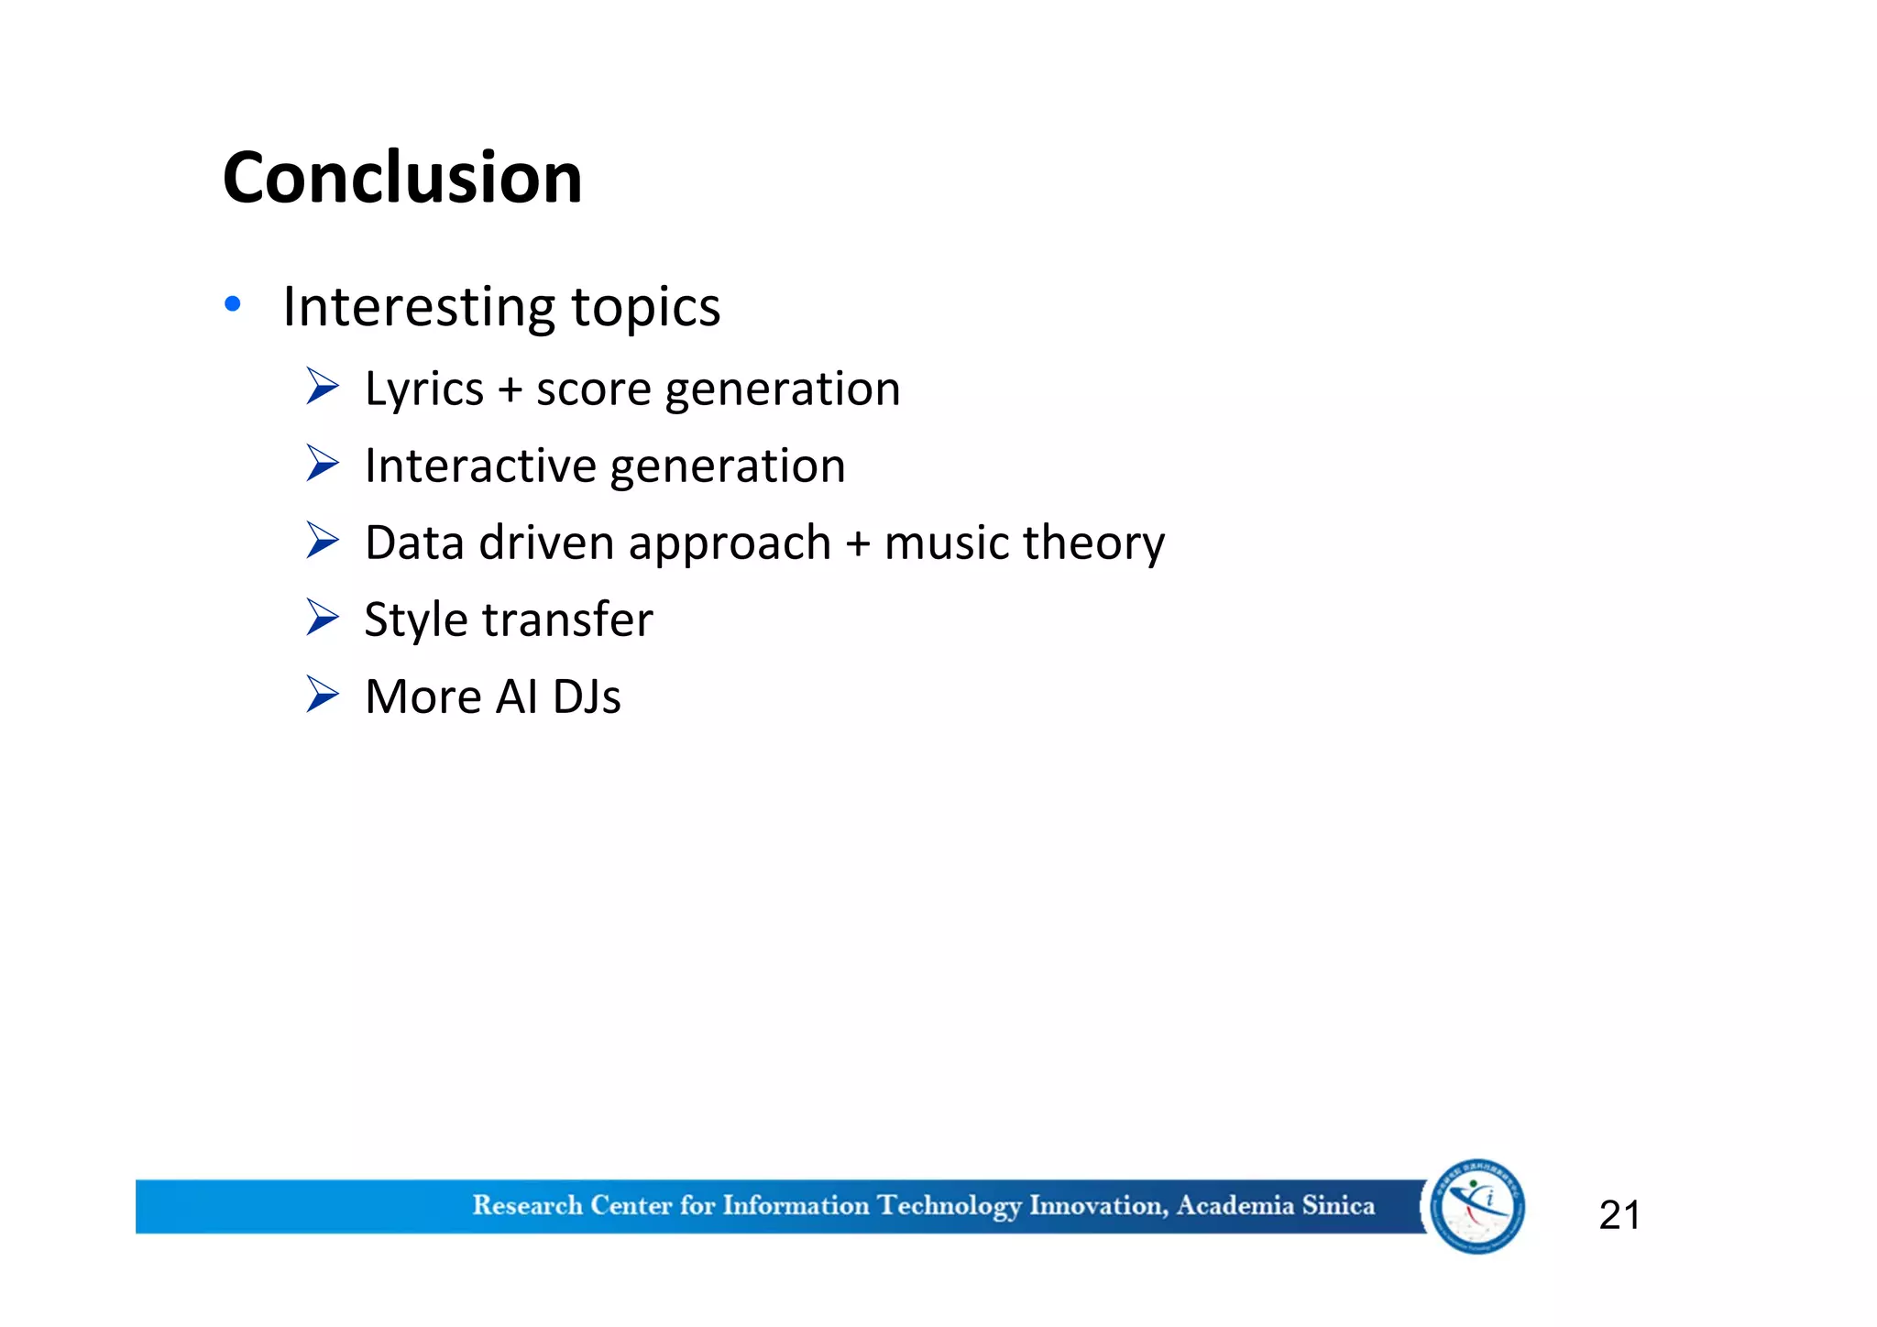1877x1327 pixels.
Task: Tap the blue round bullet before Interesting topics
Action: click(x=233, y=304)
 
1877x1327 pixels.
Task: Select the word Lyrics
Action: click(x=423, y=390)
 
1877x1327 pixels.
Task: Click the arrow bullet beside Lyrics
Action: click(x=323, y=387)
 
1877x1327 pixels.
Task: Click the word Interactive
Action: click(x=480, y=466)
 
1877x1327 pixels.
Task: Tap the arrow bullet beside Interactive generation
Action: click(x=323, y=464)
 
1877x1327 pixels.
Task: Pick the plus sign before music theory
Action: click(x=858, y=544)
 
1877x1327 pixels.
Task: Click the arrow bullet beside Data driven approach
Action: click(x=323, y=541)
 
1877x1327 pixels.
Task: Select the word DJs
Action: click(x=587, y=696)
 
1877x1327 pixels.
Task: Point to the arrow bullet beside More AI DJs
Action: click(x=323, y=695)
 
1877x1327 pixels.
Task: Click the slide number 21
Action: click(x=1619, y=1215)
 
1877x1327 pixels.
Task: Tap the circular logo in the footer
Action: click(x=1476, y=1206)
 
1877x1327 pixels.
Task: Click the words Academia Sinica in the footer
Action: click(x=1275, y=1205)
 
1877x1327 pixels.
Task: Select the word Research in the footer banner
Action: click(x=527, y=1205)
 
